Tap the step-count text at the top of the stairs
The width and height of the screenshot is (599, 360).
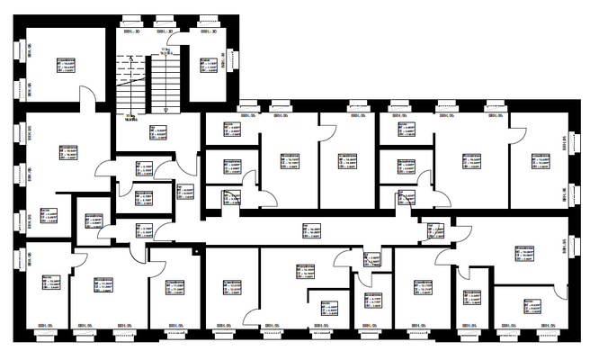(x=165, y=51)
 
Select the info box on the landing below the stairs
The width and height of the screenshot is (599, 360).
(x=158, y=132)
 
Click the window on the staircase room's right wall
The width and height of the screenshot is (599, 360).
(x=237, y=65)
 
